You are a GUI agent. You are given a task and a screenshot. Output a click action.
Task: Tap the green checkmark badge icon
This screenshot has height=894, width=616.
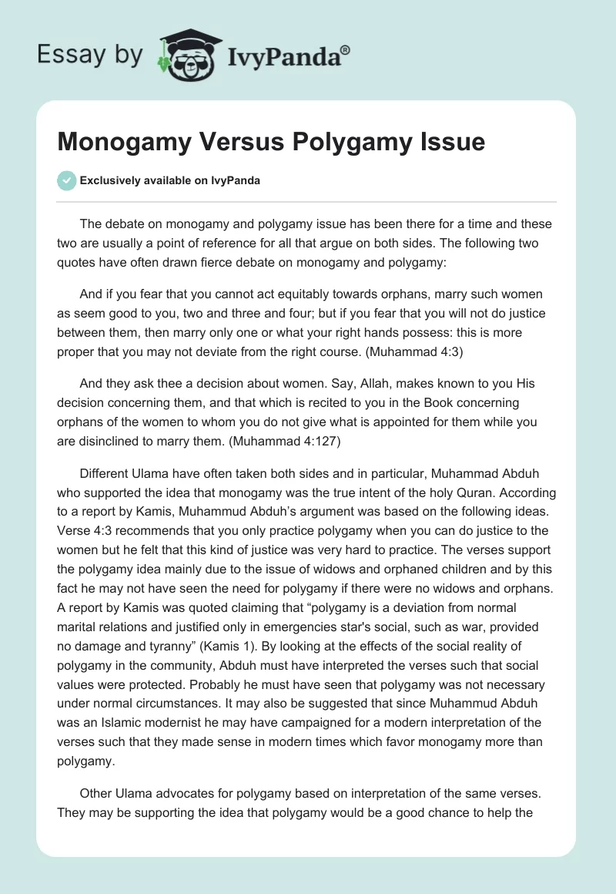[66, 180]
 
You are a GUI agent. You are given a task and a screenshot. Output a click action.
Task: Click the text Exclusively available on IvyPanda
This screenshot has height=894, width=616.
[170, 181]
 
